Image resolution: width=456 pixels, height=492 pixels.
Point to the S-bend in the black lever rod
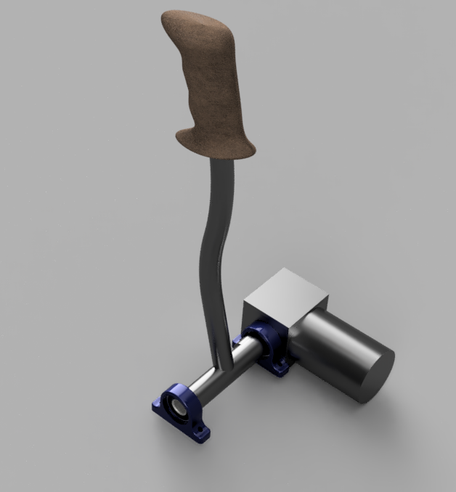[x=211, y=247]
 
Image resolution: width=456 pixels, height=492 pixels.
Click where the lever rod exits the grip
[x=221, y=161]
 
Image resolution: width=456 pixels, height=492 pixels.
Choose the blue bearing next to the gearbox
[x=265, y=348]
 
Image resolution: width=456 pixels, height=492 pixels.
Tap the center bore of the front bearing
[x=176, y=409]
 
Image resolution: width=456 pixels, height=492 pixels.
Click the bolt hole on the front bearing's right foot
[x=199, y=434]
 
